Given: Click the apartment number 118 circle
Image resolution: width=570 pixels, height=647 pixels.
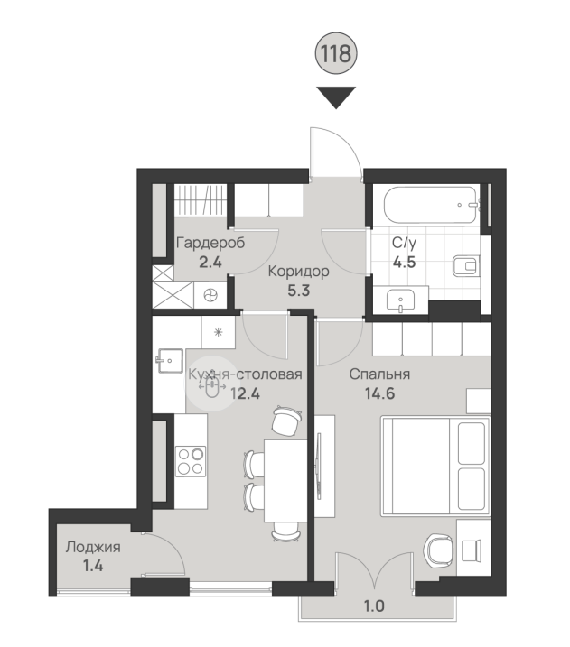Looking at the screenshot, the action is (x=336, y=53).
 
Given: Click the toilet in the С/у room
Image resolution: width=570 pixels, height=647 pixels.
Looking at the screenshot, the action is (x=466, y=265).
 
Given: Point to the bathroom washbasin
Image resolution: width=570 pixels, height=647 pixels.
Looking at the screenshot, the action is (x=400, y=300).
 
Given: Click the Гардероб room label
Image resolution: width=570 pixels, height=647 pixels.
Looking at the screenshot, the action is (x=210, y=243).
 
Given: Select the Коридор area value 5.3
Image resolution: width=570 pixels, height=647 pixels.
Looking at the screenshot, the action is (x=299, y=291).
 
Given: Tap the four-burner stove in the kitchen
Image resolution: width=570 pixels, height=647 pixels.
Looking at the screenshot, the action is (x=191, y=461).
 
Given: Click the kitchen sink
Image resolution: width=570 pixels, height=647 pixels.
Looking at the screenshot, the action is (x=169, y=361).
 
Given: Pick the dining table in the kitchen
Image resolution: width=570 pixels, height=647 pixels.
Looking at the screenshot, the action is (x=285, y=481).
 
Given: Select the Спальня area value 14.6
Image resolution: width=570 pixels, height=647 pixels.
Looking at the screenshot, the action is (x=379, y=393).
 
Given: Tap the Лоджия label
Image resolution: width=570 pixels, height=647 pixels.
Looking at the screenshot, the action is (x=93, y=548).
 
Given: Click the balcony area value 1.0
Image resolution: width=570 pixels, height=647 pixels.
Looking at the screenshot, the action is (x=374, y=606).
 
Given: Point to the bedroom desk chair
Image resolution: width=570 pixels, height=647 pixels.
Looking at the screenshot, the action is (x=438, y=550).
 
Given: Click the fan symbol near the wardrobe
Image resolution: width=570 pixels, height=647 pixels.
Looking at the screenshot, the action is (x=210, y=295).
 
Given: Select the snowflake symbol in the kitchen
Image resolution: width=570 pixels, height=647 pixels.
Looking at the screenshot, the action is (x=218, y=332).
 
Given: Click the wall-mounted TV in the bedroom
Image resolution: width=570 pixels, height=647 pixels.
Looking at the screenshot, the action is (x=318, y=467).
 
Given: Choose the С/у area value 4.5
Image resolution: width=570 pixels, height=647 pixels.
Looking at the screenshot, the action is (x=404, y=262).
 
